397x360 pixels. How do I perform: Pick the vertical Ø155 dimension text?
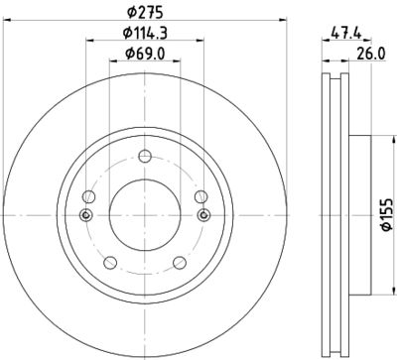click(384, 215)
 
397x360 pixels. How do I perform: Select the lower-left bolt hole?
click(107, 262)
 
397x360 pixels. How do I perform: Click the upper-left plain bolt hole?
click(87, 195)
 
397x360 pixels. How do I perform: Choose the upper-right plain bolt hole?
click(201, 195)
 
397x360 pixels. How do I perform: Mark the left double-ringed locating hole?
click(85, 217)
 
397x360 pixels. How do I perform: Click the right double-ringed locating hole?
click(204, 217)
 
